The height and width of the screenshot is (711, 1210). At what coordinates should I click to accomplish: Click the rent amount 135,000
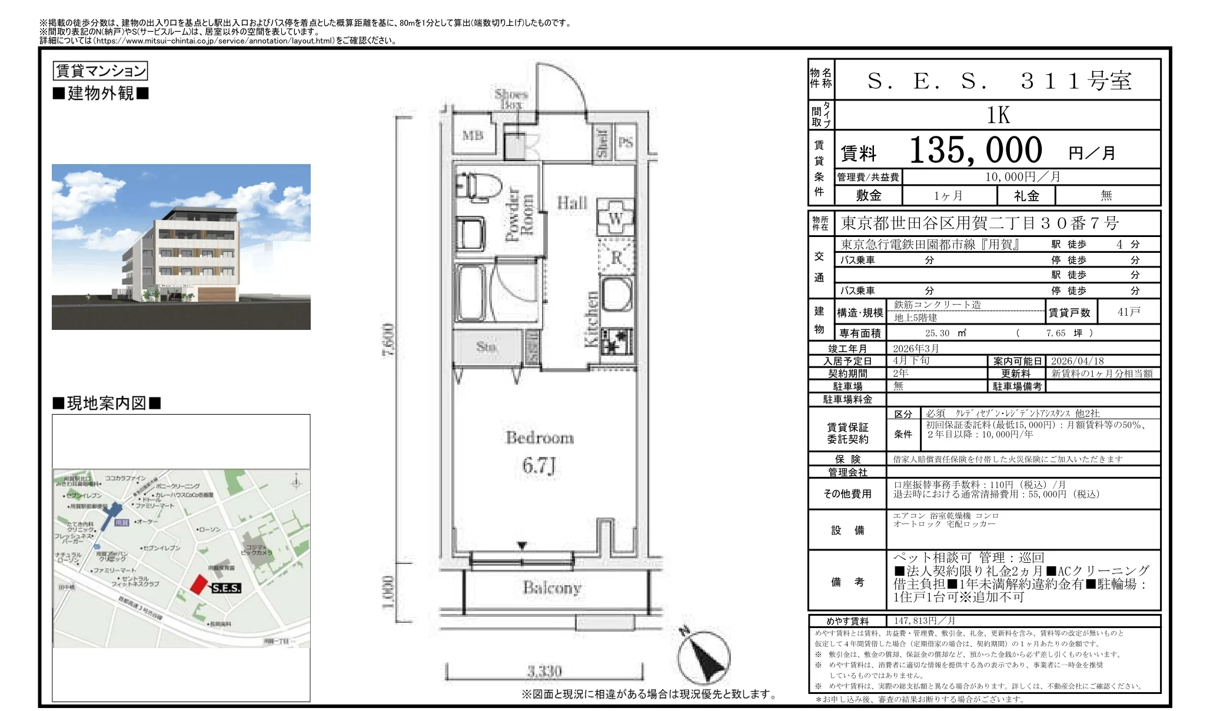976,151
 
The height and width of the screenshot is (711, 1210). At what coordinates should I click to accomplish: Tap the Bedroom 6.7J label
539,452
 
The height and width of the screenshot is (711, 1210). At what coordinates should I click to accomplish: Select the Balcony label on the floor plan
552,588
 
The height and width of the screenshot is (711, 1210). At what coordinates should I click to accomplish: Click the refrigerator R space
616,258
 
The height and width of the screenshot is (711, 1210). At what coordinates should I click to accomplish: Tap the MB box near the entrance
473,136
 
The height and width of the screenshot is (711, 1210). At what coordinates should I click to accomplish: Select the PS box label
626,142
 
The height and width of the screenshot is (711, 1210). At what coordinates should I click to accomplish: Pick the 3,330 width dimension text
544,671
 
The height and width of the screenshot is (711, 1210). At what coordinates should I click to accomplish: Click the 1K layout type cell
998,115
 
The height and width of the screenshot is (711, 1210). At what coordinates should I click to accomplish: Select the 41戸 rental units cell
1128,312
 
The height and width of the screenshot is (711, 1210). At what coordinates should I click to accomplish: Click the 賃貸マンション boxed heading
100,71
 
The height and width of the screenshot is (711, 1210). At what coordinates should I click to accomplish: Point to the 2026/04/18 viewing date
1077,361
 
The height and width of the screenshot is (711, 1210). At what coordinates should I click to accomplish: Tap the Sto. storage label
486,346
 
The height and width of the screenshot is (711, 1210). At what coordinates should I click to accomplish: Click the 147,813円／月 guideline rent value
924,620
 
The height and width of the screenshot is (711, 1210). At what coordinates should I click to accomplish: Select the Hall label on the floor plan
571,203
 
